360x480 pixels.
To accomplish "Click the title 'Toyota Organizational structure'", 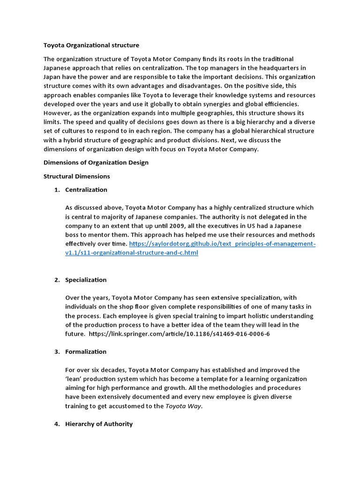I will (91, 45).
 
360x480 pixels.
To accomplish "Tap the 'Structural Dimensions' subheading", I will (77, 176).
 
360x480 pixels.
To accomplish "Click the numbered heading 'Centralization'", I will (86, 190).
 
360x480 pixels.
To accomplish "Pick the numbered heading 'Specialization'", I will (86, 280).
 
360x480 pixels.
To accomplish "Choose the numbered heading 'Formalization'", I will (86, 352).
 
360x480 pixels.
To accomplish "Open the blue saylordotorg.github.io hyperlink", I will (222, 244).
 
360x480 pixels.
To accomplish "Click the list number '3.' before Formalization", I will (57, 352).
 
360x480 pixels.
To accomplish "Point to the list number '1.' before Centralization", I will (57, 190).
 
